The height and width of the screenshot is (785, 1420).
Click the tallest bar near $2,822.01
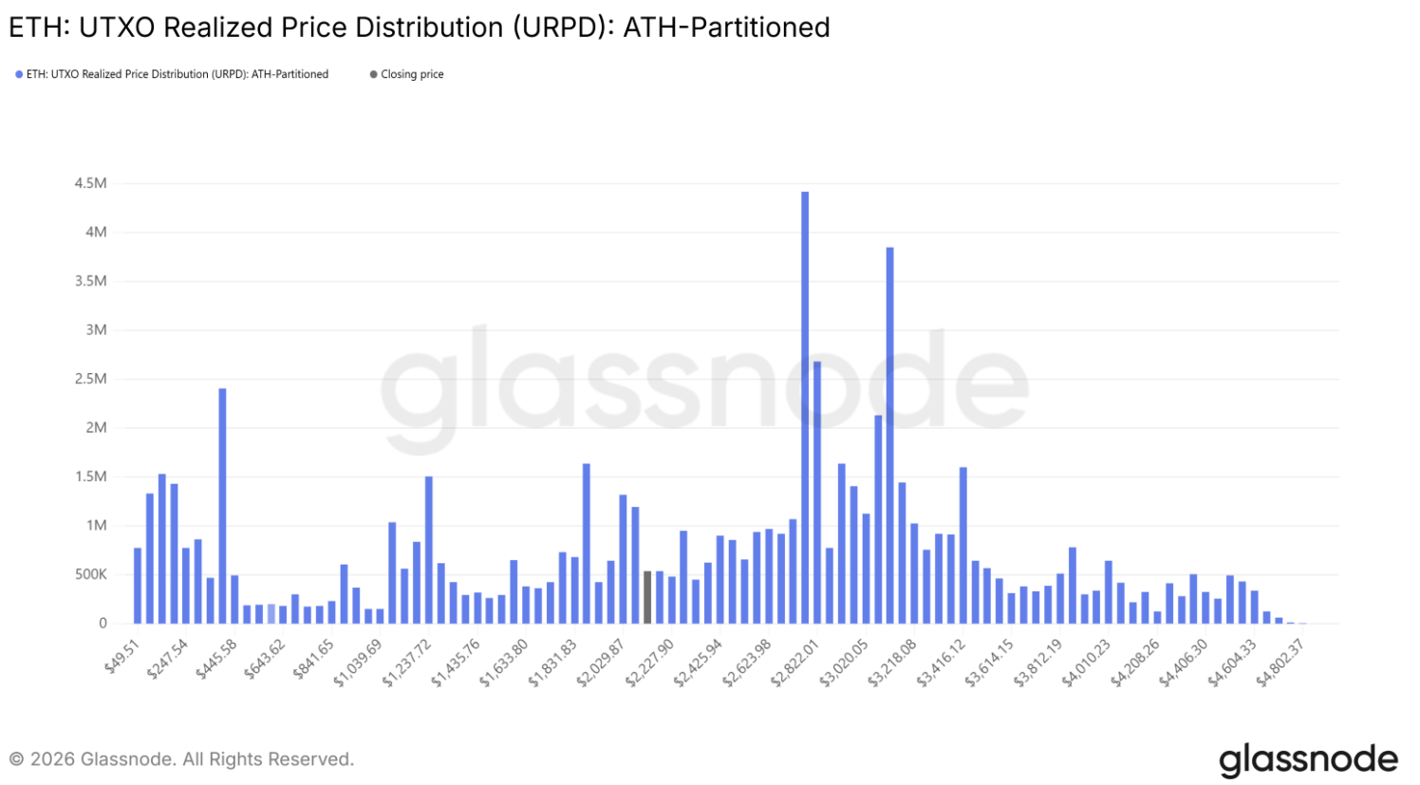pyautogui.click(x=805, y=408)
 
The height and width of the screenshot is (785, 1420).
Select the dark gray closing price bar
pyautogui.click(x=647, y=597)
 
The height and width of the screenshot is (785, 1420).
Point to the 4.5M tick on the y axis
pyautogui.click(x=91, y=183)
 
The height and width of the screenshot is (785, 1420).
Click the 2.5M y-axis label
pyautogui.click(x=91, y=379)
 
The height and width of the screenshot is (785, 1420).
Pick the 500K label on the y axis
pyautogui.click(x=91, y=574)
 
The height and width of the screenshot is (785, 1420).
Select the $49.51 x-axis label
pyautogui.click(x=123, y=657)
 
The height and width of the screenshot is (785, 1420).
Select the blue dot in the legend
pyautogui.click(x=19, y=74)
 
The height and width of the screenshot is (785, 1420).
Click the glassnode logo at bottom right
pyautogui.click(x=1308, y=760)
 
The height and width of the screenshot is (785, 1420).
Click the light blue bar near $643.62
pyautogui.click(x=271, y=614)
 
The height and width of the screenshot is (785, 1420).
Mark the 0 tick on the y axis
pyautogui.click(x=103, y=624)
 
